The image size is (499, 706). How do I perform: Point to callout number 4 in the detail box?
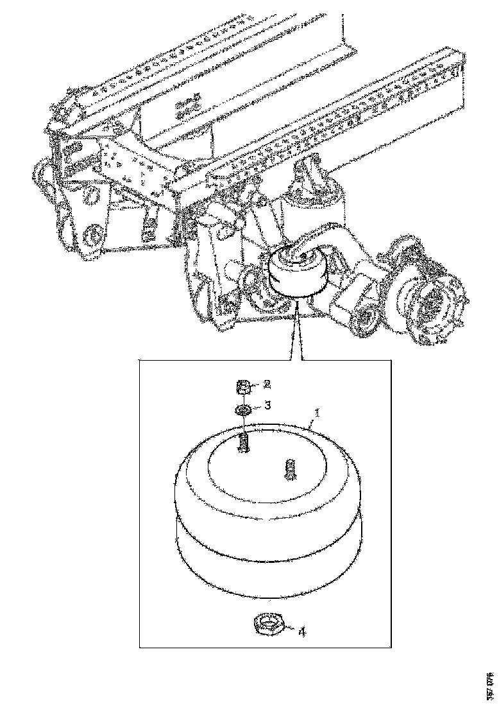coord(301,632)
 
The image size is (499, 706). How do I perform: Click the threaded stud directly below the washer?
coord(244,442)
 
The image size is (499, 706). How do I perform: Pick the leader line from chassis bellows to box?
coord(296,334)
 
